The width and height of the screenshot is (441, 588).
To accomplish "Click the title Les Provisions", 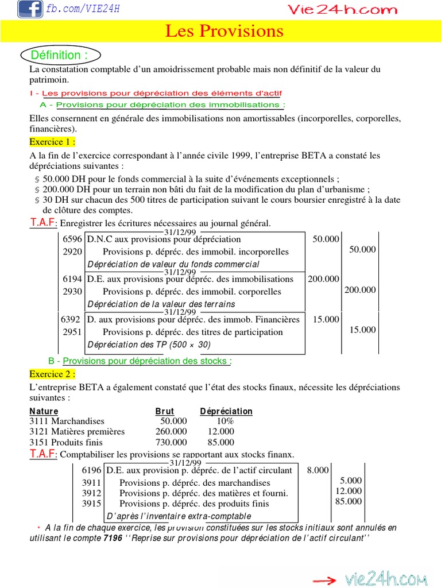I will pyautogui.click(x=225, y=31).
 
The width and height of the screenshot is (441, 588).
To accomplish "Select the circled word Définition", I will pyautogui.click(x=60, y=55).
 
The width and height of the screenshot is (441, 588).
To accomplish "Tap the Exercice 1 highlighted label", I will pyautogui.click(x=52, y=141).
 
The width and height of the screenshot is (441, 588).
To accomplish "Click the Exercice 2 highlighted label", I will pyautogui.click(x=52, y=374).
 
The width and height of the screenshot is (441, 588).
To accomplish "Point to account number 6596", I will pyautogui.click(x=72, y=239).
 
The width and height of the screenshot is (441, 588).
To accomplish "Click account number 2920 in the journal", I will pyautogui.click(x=72, y=252).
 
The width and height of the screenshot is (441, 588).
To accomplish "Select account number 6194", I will pyautogui.click(x=72, y=278).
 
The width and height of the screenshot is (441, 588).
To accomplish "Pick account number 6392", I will pyautogui.click(x=71, y=319).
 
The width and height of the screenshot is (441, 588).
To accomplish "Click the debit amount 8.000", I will pyautogui.click(x=318, y=470).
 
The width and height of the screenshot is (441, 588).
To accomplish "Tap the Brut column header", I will pyautogui.click(x=165, y=411).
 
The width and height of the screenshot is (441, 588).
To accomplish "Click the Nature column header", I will pyautogui.click(x=44, y=411).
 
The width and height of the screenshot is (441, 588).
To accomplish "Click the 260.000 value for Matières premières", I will pyautogui.click(x=171, y=431).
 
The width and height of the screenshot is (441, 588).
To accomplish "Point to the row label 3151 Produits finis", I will pyautogui.click(x=66, y=442).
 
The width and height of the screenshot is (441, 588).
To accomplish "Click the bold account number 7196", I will pyautogui.click(x=113, y=539).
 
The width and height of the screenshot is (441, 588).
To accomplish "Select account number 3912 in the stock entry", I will pyautogui.click(x=91, y=493).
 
